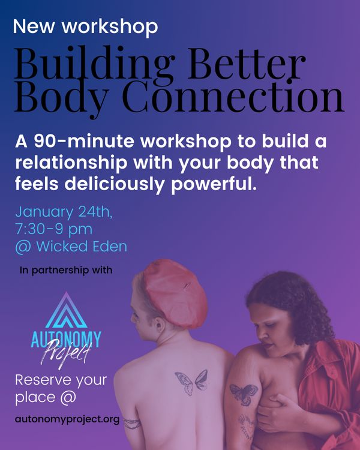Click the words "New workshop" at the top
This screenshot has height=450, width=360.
tap(86, 27)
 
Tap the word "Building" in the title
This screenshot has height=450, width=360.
tap(95, 64)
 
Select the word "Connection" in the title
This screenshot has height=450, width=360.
tap(233, 96)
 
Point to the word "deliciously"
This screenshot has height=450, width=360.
tap(114, 184)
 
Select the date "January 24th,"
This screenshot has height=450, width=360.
tap(64, 212)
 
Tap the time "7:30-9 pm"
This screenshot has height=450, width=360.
tap(54, 230)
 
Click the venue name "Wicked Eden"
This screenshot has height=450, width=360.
tap(82, 246)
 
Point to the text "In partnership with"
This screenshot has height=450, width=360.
tap(66, 271)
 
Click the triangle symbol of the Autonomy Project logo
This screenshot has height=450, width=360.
tap(67, 310)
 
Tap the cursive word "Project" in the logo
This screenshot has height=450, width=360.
tap(66, 352)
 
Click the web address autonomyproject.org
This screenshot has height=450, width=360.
tap(67, 419)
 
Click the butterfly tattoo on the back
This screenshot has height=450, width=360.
tap(191, 382)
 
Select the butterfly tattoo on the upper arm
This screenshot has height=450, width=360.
tap(244, 394)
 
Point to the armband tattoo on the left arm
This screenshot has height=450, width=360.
tap(132, 424)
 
